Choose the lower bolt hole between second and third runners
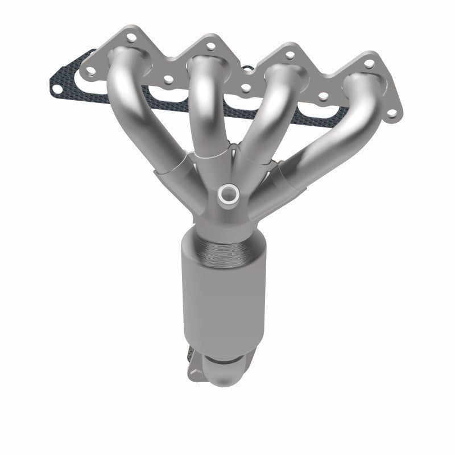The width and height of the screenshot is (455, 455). point(246,88)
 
